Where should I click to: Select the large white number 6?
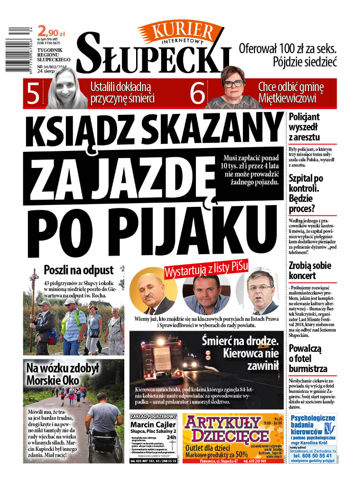tap(195, 93)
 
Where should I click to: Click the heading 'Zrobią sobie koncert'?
tap(310, 271)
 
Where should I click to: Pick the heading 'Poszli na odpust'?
tap(79, 270)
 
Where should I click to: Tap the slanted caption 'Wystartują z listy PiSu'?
tap(206, 268)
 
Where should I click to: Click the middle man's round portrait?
tap(206, 294)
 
